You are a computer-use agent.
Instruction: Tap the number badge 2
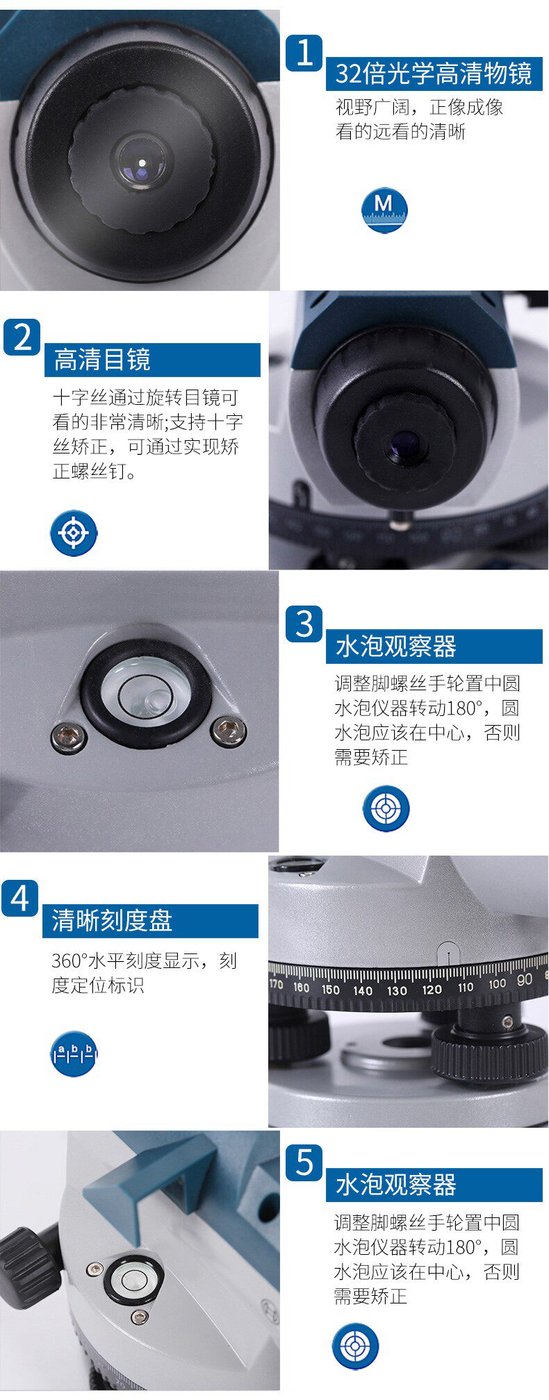(22, 337)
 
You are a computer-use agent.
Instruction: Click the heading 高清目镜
(102, 360)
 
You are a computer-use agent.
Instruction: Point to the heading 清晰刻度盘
(112, 921)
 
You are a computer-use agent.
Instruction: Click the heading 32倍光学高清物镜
(433, 73)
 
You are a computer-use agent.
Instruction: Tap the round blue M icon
(384, 209)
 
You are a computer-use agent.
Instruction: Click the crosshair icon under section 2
(74, 533)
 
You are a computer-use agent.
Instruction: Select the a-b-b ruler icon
(74, 1053)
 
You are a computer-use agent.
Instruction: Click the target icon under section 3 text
(386, 808)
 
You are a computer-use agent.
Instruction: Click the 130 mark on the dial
(397, 990)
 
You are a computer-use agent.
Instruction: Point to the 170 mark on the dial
(276, 983)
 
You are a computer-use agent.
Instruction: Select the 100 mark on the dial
(497, 983)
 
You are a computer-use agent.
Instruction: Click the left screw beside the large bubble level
(69, 736)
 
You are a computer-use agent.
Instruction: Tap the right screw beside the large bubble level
(227, 731)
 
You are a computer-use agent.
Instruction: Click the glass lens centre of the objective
(142, 162)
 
